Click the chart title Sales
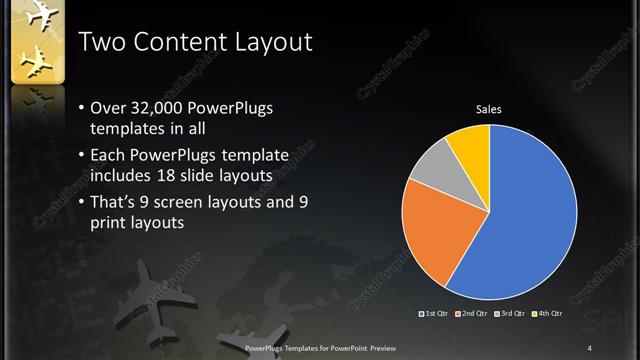488,109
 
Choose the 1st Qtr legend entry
434,314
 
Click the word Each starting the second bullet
110,156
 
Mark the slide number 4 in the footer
590,347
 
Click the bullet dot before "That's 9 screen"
80,203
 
